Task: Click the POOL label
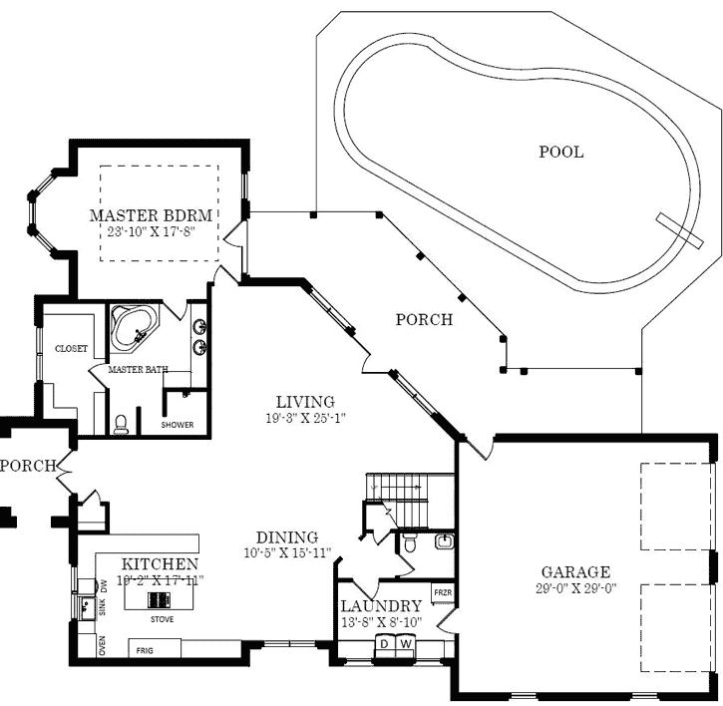tap(561, 153)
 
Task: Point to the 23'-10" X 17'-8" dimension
tap(151, 230)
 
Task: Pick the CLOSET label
tap(71, 349)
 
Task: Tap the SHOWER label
tap(178, 425)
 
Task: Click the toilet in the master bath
tap(121, 425)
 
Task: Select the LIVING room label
tap(305, 402)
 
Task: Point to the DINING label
tap(286, 537)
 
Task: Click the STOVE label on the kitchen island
tap(162, 618)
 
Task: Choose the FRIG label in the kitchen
tap(143, 649)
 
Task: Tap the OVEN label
tap(101, 647)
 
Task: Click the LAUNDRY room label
tap(381, 606)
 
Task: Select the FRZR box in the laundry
tap(442, 592)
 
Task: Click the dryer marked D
tap(382, 643)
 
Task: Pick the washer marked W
tap(405, 643)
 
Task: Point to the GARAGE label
tap(575, 572)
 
